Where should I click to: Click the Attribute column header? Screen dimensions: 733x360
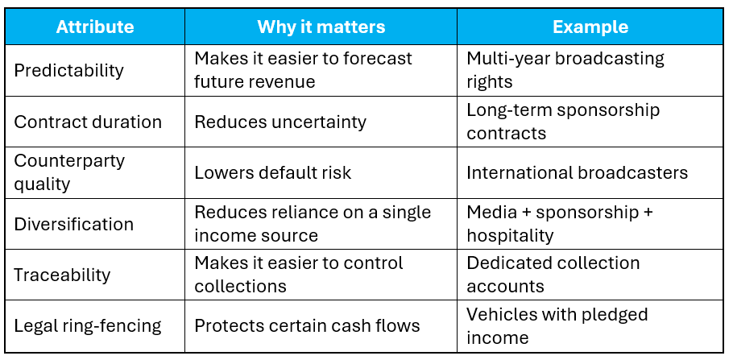point(95,27)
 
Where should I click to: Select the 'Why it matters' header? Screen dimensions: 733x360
point(321,27)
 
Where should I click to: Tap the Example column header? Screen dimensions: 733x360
point(590,27)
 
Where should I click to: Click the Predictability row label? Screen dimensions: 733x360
point(68,71)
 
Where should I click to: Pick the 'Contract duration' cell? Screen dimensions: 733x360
point(88,122)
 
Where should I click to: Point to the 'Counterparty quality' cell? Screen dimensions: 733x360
point(69,172)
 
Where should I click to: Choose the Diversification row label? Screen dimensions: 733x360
point(74,224)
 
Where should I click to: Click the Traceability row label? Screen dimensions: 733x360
point(62,275)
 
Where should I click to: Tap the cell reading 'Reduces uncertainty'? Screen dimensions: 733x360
point(280,122)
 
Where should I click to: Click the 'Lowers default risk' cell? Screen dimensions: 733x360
point(272,173)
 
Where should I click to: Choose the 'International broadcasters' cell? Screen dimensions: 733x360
point(578,173)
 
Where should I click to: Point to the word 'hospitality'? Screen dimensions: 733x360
point(510,235)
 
